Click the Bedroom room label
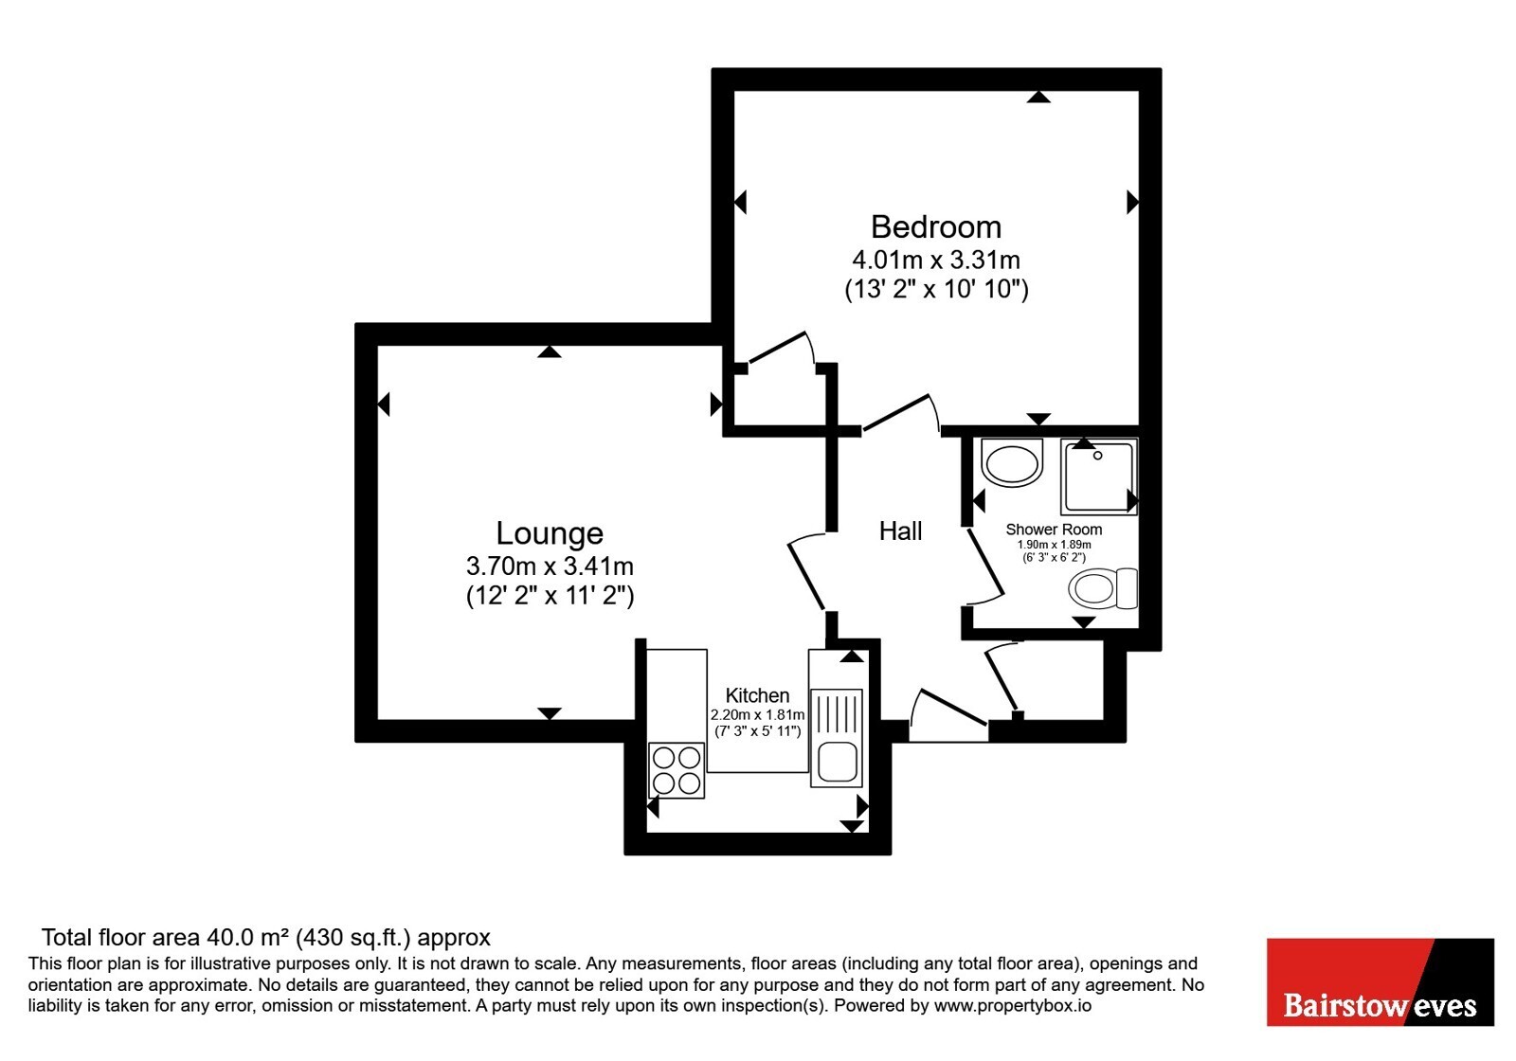click(x=936, y=227)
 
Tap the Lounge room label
click(x=550, y=534)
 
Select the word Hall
click(x=900, y=531)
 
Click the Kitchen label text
click(x=757, y=695)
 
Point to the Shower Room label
click(x=1054, y=530)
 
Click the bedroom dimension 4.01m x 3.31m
click(x=936, y=260)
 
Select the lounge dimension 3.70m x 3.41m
click(x=550, y=565)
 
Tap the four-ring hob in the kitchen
click(x=677, y=770)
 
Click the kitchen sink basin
click(x=838, y=762)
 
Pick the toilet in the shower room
click(x=1103, y=588)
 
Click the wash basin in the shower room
click(x=1012, y=462)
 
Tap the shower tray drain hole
click(x=1098, y=456)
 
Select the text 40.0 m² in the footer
click(x=248, y=937)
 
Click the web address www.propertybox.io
click(x=1013, y=1006)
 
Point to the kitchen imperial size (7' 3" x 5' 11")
click(x=758, y=730)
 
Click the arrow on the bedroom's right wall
click(x=1132, y=203)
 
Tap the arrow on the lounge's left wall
click(x=384, y=405)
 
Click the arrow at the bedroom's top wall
click(x=1038, y=97)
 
